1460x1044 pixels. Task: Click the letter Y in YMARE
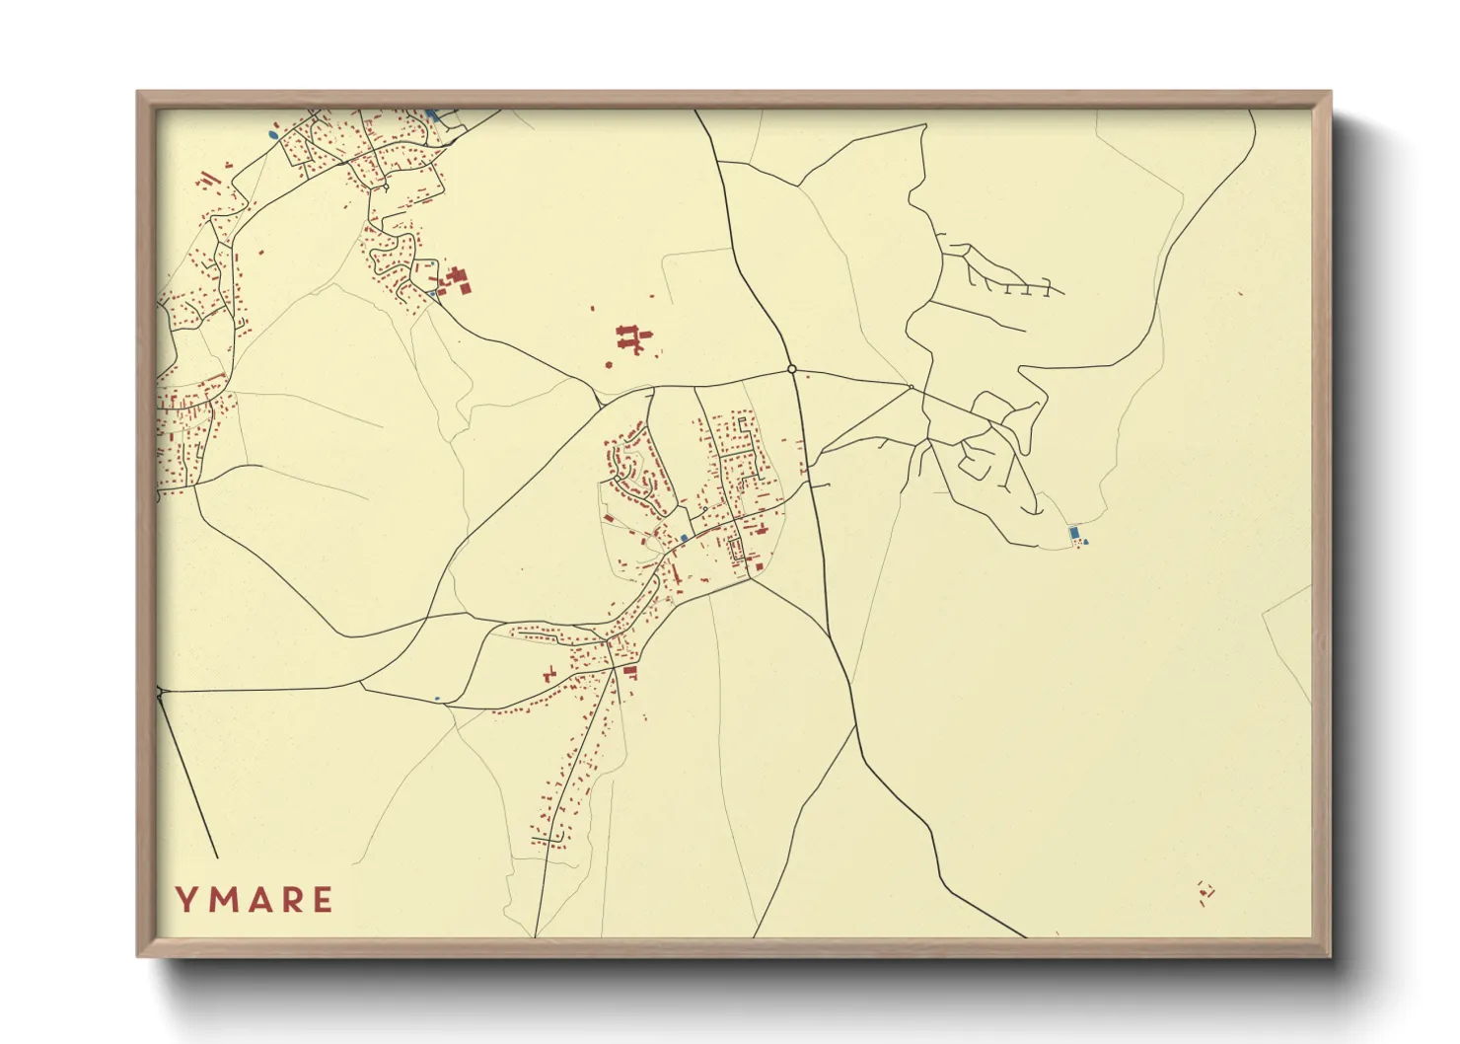184,899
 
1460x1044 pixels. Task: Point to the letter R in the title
289,899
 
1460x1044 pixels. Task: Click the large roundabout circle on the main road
792,369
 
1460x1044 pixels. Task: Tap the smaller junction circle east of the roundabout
911,387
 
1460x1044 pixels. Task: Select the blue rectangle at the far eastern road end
1073,533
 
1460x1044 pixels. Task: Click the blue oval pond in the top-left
273,133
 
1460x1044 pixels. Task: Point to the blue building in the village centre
684,538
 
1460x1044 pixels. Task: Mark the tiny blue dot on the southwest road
437,699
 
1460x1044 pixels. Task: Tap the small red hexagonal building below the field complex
609,365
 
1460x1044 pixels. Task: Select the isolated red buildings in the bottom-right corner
1204,892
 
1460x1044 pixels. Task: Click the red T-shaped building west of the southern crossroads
549,675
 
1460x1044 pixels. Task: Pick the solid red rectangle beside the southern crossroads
629,671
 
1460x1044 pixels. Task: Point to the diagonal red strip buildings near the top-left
208,179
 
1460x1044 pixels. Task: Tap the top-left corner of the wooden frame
138,93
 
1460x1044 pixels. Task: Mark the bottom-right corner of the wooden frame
1330,956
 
